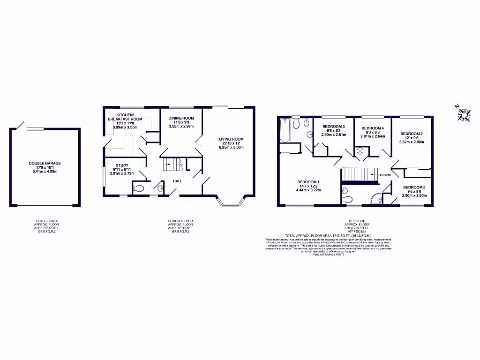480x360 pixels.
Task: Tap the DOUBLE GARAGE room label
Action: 45,164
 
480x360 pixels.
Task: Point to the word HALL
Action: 178,181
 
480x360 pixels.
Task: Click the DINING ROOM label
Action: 181,118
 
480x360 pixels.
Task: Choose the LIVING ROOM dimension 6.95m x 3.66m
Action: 231,147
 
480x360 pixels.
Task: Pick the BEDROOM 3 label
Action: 333,127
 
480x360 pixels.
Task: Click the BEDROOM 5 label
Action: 414,187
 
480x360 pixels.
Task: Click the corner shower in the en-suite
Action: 376,199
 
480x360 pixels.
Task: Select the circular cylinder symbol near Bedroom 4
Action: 361,151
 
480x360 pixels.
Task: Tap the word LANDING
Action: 384,175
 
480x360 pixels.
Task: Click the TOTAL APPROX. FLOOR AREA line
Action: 328,235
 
